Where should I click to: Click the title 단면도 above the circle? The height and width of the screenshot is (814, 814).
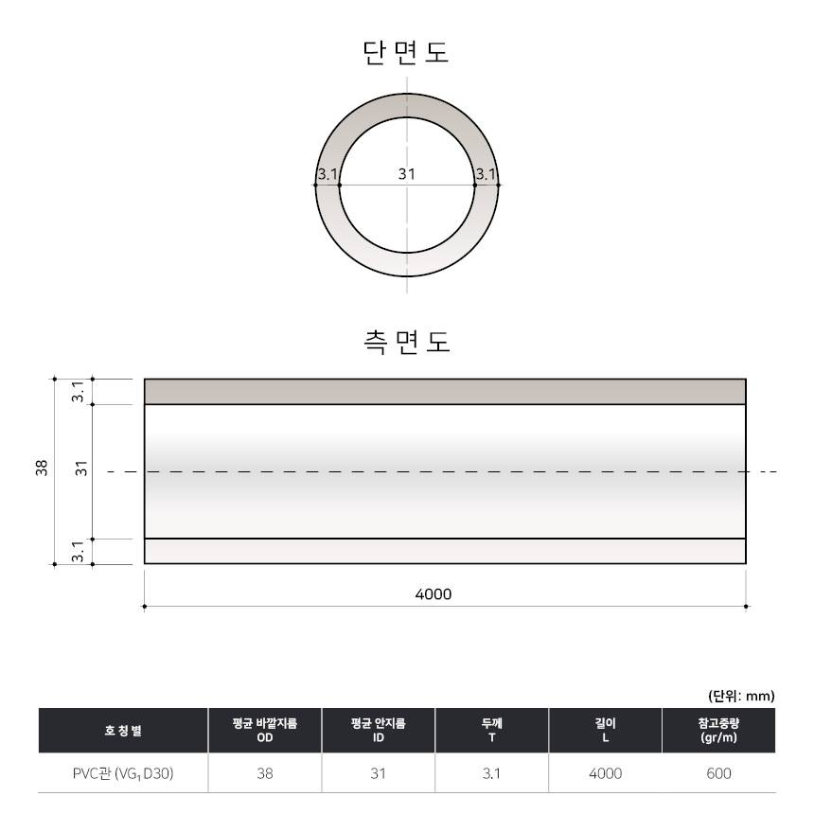tap(405, 52)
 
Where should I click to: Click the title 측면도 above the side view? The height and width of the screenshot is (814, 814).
tap(406, 342)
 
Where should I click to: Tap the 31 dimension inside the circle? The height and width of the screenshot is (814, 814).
tap(406, 174)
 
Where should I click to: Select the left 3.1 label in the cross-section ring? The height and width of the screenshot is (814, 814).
tap(327, 174)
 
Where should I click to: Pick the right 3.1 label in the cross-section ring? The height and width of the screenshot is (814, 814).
tap(486, 174)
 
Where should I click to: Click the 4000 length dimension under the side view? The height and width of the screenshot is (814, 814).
tap(434, 593)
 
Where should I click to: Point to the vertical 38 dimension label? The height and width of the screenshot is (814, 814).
tap(42, 468)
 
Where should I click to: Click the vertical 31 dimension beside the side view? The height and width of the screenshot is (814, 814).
tap(81, 468)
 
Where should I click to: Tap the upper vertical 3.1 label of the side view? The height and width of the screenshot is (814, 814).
tap(78, 392)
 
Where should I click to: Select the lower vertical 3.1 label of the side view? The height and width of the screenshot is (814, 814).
tap(78, 551)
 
